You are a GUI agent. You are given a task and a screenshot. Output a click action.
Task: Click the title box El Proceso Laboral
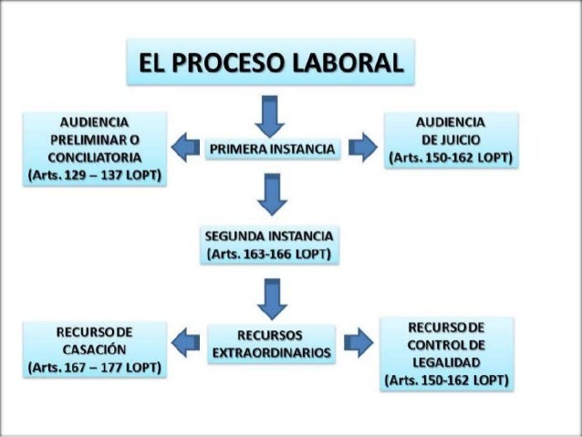[x=270, y=63]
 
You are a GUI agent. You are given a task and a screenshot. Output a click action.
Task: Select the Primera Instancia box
[x=273, y=147]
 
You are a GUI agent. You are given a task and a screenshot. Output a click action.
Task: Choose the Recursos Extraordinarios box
[x=271, y=343]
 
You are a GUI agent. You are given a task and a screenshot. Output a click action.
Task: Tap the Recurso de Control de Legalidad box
[x=447, y=352]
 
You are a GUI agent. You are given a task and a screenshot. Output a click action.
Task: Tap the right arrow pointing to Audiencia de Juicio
[x=363, y=146]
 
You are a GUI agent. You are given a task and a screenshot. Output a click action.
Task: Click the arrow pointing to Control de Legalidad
[x=360, y=341]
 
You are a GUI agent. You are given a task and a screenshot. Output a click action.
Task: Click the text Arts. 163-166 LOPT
[x=271, y=253]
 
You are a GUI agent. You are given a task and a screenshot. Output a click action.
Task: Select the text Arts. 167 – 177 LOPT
[x=94, y=369]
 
